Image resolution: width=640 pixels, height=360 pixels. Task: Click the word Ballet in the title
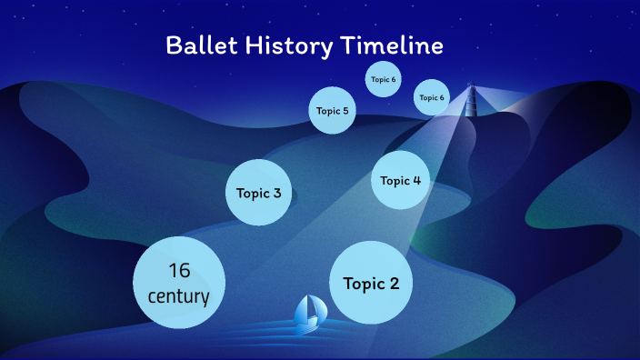(x=196, y=46)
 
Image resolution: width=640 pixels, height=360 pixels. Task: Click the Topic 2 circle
(x=371, y=283)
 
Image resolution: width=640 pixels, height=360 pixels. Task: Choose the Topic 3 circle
(x=259, y=193)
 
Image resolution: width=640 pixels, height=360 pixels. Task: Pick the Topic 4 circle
(x=401, y=180)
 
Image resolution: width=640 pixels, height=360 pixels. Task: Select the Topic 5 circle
(x=332, y=111)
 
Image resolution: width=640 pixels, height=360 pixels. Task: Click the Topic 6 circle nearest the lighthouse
(x=431, y=97)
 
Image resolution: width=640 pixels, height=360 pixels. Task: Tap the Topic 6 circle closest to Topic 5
(x=383, y=79)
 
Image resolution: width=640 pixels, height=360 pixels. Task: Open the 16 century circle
(x=179, y=283)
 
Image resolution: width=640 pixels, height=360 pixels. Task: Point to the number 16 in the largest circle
(x=179, y=270)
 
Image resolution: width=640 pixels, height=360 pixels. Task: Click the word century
(x=179, y=296)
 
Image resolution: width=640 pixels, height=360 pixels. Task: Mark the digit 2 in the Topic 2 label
(x=394, y=283)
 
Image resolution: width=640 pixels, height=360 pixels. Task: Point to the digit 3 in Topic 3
(x=276, y=193)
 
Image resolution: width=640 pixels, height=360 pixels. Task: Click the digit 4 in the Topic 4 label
(x=416, y=180)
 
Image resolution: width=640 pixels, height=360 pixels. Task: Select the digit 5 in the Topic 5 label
(x=345, y=111)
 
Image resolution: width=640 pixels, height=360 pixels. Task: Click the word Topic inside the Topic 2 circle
(x=363, y=283)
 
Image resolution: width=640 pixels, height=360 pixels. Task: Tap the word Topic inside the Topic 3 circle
(x=253, y=193)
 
